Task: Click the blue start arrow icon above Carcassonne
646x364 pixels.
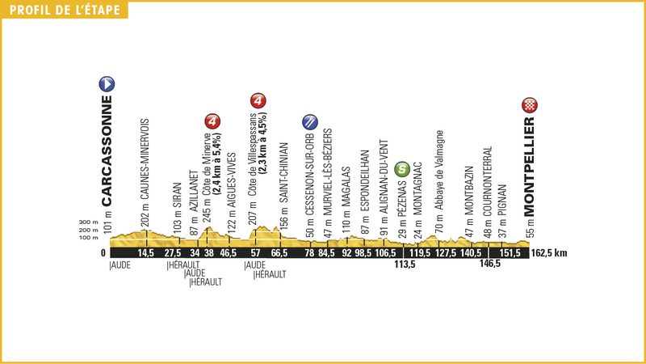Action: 107,83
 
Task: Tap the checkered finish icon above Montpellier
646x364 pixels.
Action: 530,104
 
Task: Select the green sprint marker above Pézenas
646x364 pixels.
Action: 402,169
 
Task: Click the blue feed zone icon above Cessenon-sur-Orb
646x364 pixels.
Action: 308,122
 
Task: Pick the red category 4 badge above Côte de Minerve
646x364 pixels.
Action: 212,121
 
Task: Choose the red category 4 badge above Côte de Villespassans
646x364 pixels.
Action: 258,102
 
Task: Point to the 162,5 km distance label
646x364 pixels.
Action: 551,253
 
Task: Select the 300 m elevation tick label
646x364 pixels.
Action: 89,222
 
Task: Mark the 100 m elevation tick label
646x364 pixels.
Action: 89,238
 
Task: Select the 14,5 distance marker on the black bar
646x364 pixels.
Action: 146,253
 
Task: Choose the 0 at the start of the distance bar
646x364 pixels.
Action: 103,253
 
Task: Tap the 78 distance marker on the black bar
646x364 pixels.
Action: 308,253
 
